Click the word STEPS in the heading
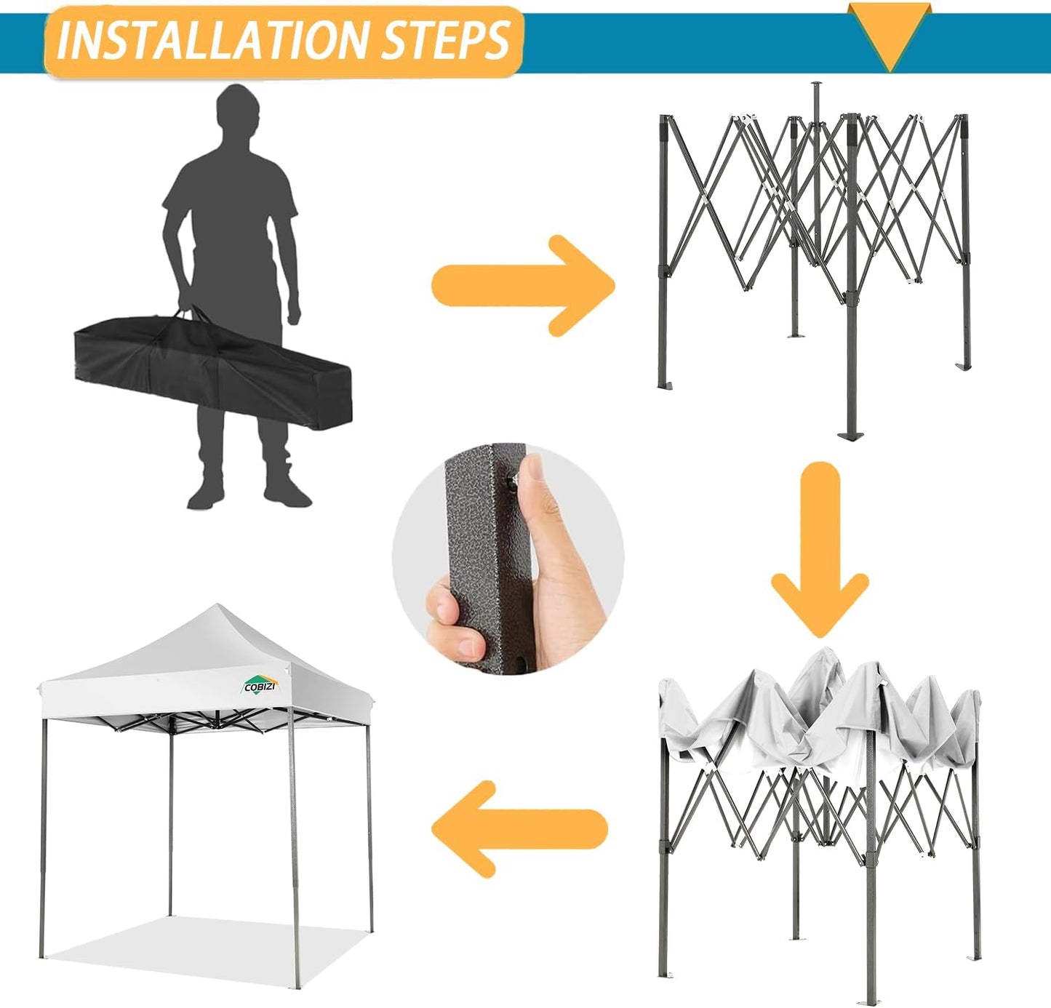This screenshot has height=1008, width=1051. [446, 41]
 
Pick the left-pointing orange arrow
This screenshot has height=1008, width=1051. [519, 828]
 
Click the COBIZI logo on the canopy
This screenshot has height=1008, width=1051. [260, 686]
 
